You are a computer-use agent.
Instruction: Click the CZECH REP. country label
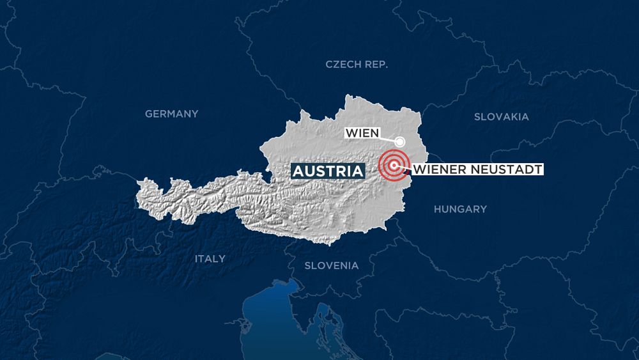coord(357,65)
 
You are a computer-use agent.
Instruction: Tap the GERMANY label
coord(171,114)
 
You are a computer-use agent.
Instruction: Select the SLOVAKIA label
coord(501,116)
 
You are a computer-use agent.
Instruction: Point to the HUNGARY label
coord(460,209)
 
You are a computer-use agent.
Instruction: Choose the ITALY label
coord(210,258)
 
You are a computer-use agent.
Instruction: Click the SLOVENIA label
coord(331,265)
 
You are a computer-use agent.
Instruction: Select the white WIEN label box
coord(362,134)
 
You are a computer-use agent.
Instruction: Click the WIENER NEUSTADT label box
coord(478,169)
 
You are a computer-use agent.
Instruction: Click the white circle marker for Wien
coord(400,142)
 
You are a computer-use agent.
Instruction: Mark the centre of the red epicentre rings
coord(395,166)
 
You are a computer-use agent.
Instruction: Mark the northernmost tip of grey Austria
coord(348,96)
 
